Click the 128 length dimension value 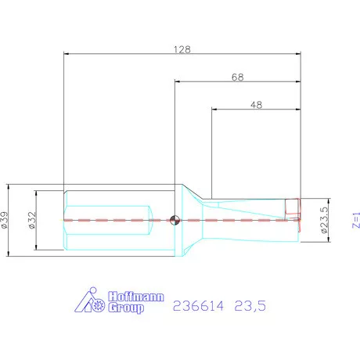182,48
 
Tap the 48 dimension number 255,104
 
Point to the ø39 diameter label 5,220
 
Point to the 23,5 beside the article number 251,308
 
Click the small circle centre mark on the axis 175,220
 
